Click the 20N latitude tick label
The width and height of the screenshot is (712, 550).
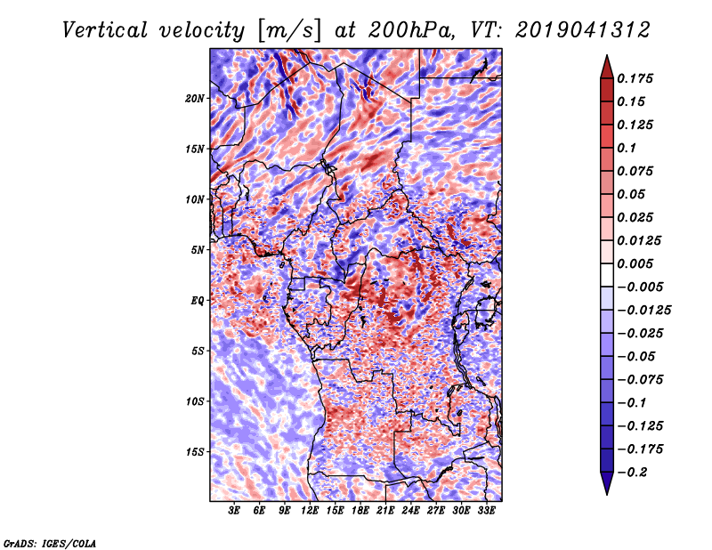(x=195, y=99)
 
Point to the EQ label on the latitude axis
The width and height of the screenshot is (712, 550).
(x=197, y=301)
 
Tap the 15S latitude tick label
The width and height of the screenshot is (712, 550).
(x=195, y=452)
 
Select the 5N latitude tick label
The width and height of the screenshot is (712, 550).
(x=198, y=250)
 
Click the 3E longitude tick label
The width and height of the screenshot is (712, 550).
(x=234, y=510)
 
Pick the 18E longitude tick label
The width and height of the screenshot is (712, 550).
(x=360, y=510)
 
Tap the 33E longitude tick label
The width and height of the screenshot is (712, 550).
(x=486, y=510)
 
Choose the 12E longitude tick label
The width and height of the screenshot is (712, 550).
(x=310, y=510)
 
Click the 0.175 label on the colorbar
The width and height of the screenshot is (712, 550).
(x=635, y=78)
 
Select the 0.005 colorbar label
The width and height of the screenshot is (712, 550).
(x=635, y=263)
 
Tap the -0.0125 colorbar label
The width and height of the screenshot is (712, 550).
(x=644, y=311)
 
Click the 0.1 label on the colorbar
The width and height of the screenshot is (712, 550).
(x=627, y=148)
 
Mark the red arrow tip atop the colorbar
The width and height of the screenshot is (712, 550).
(x=607, y=55)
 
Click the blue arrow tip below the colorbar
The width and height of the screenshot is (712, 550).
(x=607, y=494)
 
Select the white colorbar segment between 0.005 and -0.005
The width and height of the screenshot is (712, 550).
(x=607, y=275)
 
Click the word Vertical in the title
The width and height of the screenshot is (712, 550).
(x=105, y=30)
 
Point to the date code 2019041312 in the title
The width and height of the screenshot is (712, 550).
(x=583, y=30)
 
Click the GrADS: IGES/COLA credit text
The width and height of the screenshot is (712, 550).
(x=50, y=543)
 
